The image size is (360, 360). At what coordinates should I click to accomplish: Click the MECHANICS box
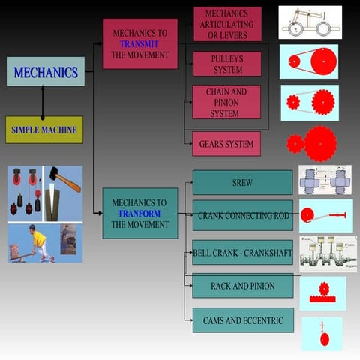45,72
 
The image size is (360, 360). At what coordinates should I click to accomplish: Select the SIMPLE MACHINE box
44,130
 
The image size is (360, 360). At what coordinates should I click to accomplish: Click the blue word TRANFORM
139,213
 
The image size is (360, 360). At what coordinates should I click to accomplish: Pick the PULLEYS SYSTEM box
226,64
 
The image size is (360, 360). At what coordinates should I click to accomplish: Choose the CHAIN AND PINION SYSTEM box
226,102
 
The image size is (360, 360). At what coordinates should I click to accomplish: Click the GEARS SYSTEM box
226,144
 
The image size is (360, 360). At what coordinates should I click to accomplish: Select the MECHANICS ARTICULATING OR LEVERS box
227,24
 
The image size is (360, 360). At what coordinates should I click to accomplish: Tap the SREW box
242,182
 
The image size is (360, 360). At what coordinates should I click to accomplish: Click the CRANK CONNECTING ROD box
242,215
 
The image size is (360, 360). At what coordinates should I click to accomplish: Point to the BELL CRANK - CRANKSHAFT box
242,253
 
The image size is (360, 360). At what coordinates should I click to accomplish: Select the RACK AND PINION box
242,286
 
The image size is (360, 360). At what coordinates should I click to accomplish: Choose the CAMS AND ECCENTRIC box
242,320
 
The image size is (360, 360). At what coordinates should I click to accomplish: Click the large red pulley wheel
322,61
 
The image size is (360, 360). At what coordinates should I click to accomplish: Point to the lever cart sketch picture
310,22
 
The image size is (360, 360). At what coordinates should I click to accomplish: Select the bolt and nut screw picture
325,181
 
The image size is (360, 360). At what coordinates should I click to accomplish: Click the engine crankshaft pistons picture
328,253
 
